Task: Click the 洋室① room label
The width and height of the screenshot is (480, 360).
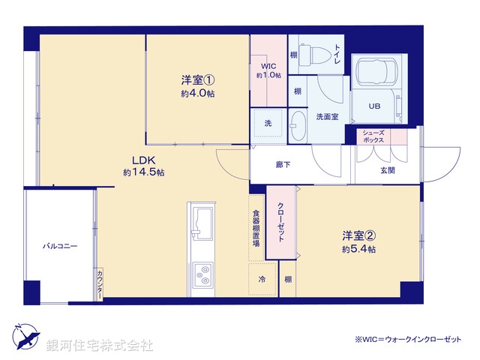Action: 198,79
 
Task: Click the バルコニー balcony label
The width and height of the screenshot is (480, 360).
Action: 59,245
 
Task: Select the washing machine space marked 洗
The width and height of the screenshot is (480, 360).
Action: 267,122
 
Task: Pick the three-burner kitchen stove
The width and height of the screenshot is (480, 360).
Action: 202,274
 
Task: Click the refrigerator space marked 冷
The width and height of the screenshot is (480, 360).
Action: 262,280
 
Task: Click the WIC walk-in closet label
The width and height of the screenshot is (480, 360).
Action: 268,70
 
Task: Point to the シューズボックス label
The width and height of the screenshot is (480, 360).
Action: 373,136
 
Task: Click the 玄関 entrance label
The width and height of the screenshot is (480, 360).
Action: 387,170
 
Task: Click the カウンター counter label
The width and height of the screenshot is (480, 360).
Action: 99,283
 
